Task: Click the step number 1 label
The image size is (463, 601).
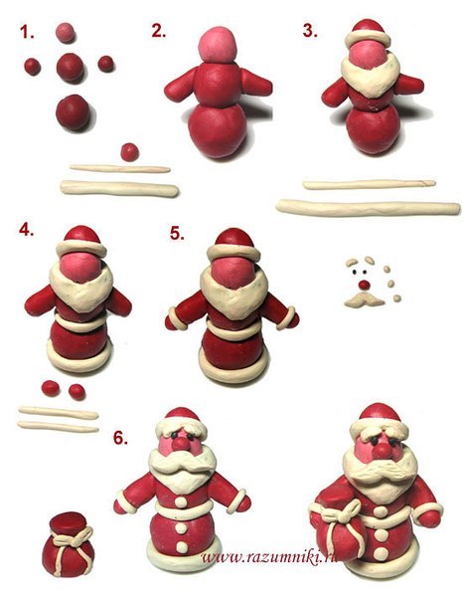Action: tap(27, 32)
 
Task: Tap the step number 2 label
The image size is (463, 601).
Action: tap(158, 31)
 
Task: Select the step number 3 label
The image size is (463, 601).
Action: tap(310, 30)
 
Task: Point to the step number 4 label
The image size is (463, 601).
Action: tap(26, 229)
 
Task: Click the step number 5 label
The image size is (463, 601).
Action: tap(177, 233)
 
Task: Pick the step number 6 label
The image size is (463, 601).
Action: tap(120, 438)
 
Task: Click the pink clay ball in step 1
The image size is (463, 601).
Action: tap(65, 33)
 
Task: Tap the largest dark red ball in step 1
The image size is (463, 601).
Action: tap(73, 112)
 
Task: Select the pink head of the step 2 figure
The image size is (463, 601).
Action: tap(218, 44)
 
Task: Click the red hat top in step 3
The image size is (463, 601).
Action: tap(368, 26)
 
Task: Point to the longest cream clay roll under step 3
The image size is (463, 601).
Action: tap(368, 208)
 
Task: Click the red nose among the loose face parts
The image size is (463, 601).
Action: tap(364, 285)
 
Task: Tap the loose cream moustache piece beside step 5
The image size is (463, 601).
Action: tap(364, 300)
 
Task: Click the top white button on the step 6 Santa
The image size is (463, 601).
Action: tap(181, 502)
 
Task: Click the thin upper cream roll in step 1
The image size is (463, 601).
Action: tap(120, 168)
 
